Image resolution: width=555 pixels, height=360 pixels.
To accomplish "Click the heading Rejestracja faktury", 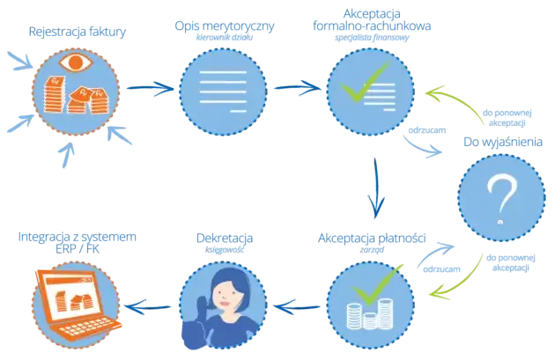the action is point(78,32).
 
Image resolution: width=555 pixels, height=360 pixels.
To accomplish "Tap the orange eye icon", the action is point(76,62).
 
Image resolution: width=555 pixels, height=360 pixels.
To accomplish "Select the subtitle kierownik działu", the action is point(225,37).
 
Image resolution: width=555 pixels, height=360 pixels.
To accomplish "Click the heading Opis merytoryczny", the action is point(225,26).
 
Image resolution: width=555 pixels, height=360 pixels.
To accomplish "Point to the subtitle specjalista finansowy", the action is point(372,38).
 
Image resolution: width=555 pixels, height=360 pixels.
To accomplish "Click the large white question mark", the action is point(501,200).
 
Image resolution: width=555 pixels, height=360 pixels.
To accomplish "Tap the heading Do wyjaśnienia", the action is point(503,142).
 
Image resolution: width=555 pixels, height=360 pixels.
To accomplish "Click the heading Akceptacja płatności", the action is point(372,238).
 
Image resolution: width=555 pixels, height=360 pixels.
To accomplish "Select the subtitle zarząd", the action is point(372,250).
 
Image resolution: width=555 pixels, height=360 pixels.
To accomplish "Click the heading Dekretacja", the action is point(225,238).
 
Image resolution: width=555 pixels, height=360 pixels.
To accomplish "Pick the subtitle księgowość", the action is point(225,250).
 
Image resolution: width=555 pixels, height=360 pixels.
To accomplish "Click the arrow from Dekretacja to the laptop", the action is point(148,307).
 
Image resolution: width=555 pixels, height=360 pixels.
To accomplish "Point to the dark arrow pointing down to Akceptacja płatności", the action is point(376,187).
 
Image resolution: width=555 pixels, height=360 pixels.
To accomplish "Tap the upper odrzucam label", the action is point(427,130).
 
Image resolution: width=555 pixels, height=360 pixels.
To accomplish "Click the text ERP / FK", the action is point(78,249).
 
